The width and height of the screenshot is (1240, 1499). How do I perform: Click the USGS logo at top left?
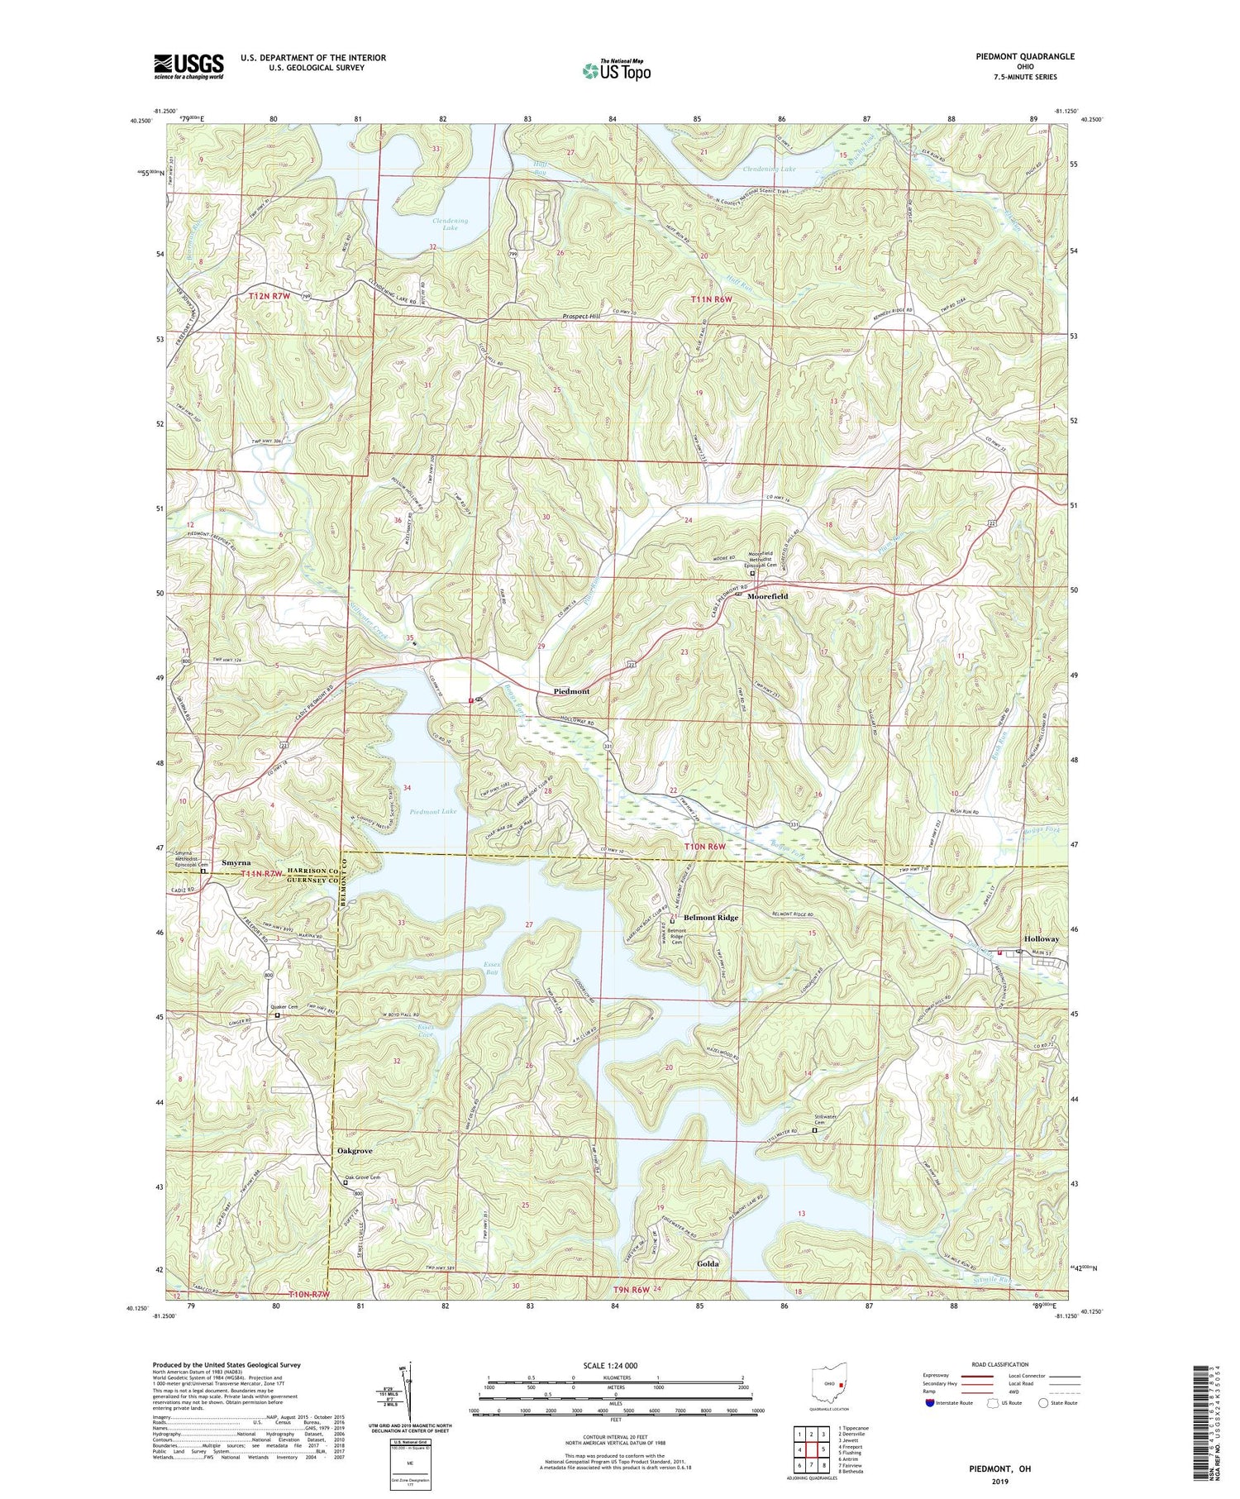tap(188, 65)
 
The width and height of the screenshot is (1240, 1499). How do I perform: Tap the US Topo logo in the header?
tap(616, 70)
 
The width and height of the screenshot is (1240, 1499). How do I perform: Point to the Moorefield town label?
tap(767, 595)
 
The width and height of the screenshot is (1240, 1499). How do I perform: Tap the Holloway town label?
tap(1041, 939)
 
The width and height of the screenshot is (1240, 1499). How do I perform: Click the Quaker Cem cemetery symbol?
tap(278, 1015)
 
